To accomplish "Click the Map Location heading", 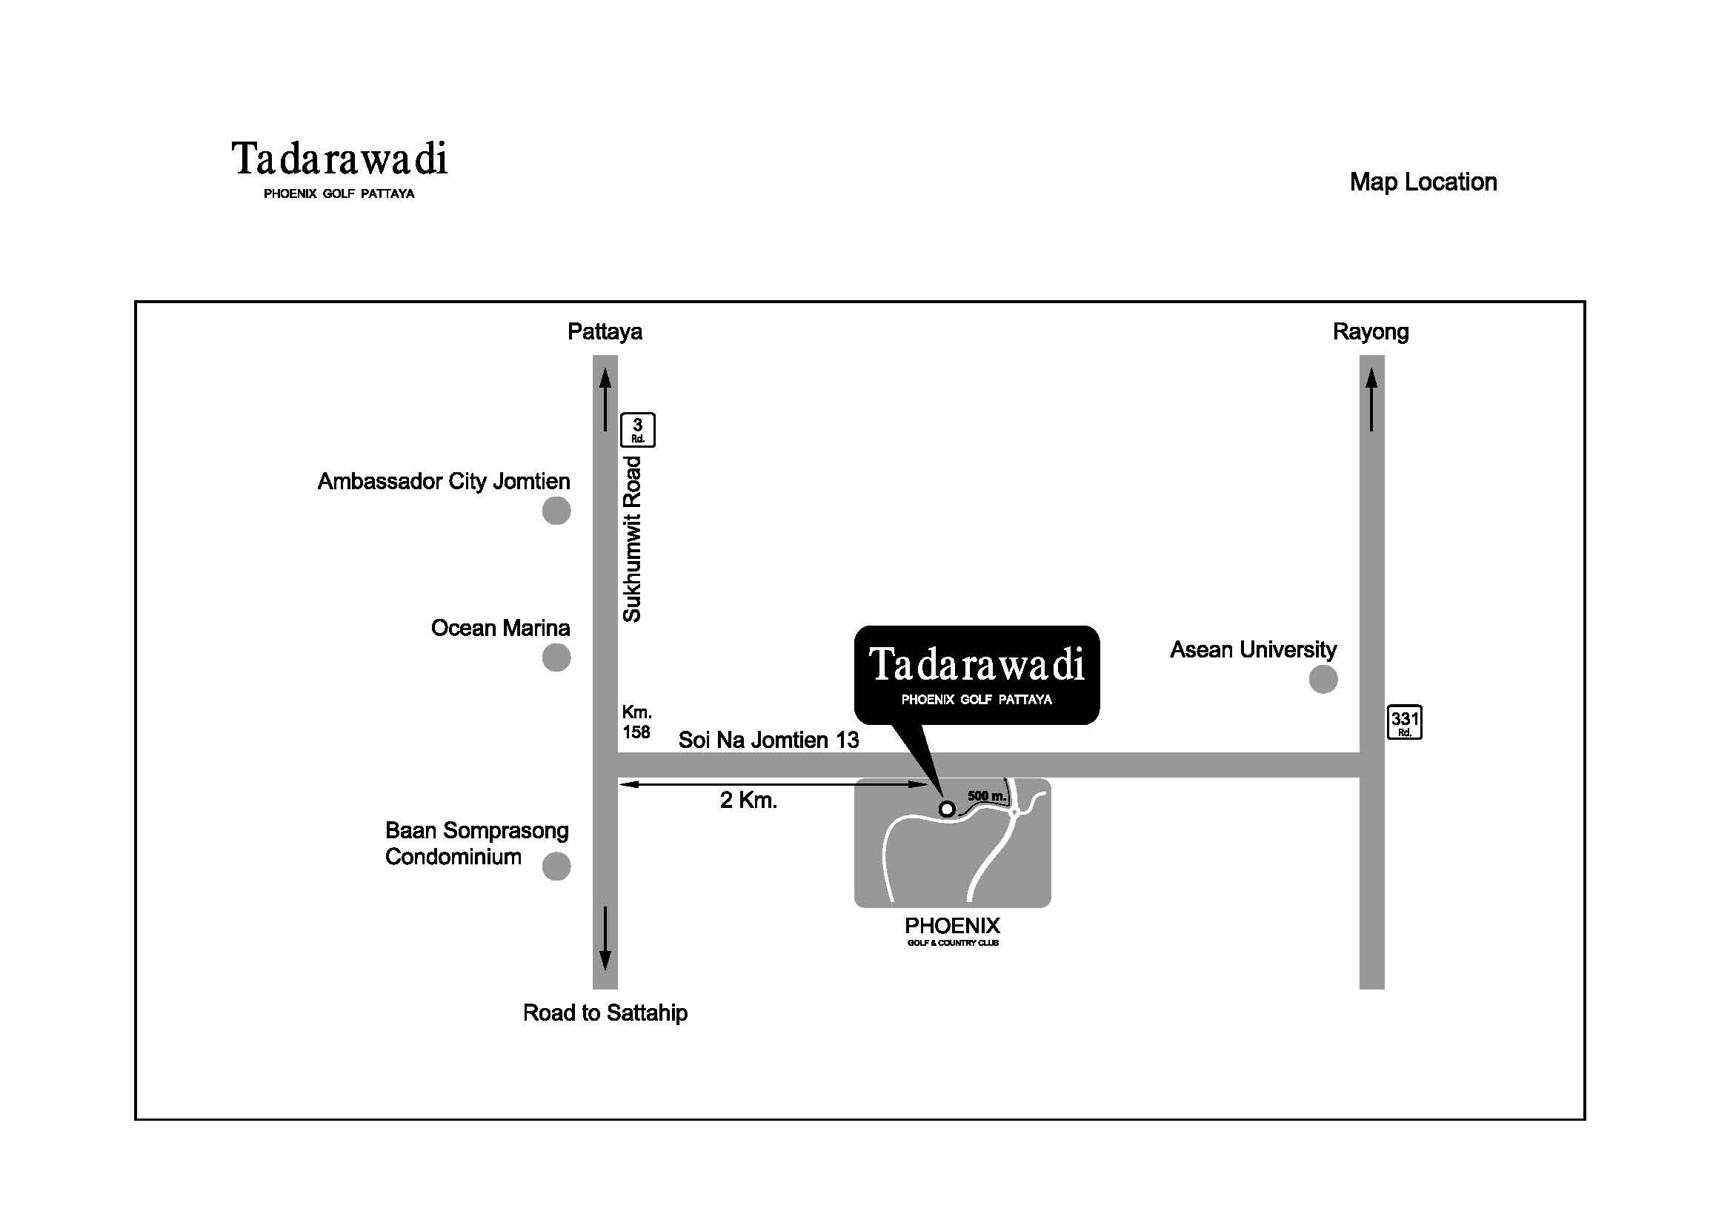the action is point(1423,182).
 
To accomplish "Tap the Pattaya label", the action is point(605,332).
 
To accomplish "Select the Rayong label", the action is point(1371,332).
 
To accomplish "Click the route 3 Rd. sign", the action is point(638,431).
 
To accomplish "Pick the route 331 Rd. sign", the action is point(1405,723).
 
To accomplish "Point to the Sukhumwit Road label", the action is point(632,539).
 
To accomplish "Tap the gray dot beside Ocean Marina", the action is point(556,657).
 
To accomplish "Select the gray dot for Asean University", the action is point(1323,680).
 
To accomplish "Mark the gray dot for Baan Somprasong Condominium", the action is point(556,867).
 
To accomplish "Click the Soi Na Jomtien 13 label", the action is point(768,740).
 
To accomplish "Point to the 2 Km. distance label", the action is point(749,801).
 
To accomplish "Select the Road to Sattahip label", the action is point(605,1013).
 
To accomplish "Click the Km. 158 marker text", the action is point(637,723).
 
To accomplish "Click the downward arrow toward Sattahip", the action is point(605,938).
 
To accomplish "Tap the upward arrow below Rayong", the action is point(1371,400).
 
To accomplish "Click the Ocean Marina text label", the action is point(500,628).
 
